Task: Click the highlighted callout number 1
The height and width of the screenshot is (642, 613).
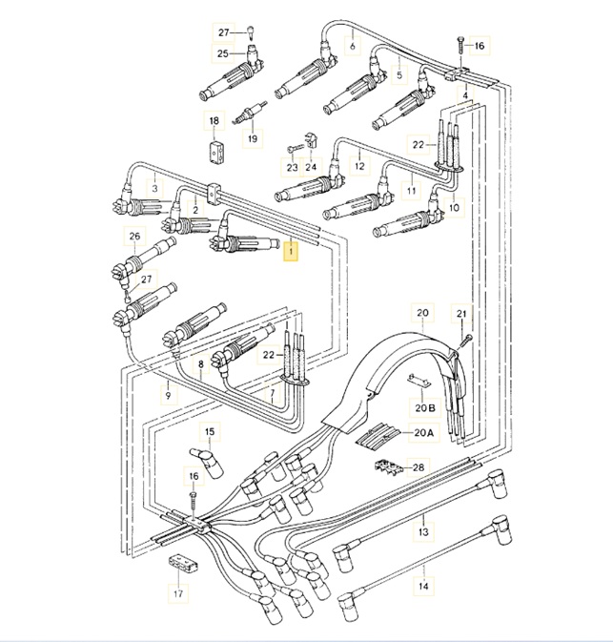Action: (292, 252)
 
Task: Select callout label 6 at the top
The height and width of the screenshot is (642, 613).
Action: (352, 47)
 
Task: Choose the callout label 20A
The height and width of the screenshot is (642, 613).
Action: (422, 433)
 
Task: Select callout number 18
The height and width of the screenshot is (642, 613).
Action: (214, 121)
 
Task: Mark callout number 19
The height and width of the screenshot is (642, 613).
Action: (253, 138)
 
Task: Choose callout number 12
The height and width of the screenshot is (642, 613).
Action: (359, 166)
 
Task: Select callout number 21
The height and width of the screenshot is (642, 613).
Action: (461, 314)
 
